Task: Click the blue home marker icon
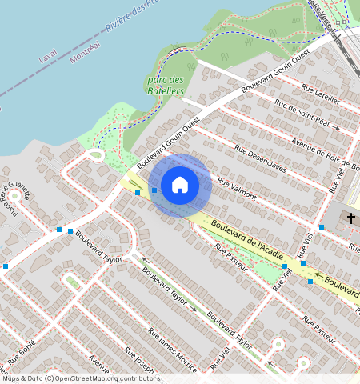pyautogui.click(x=180, y=185)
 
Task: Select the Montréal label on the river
pyautogui.click(x=86, y=54)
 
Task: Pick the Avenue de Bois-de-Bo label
pyautogui.click(x=325, y=157)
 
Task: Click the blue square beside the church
pyautogui.click(x=322, y=228)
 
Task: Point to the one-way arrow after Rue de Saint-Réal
pyautogui.click(x=337, y=128)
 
